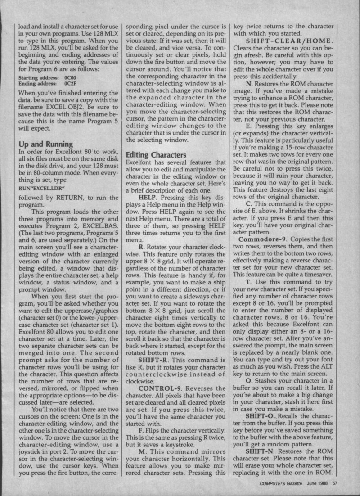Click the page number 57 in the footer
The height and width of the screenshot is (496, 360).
point(335,484)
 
